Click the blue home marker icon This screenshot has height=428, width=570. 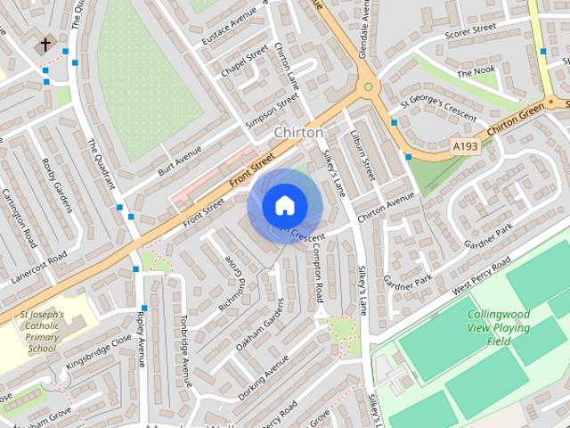[283, 205]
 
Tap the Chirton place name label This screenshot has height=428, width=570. [298, 132]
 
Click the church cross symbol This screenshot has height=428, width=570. [44, 44]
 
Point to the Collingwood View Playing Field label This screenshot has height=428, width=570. [499, 327]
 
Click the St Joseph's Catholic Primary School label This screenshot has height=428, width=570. [42, 332]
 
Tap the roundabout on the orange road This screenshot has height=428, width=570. [366, 87]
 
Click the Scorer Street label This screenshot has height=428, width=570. [469, 30]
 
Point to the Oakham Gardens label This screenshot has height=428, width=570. [259, 324]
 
